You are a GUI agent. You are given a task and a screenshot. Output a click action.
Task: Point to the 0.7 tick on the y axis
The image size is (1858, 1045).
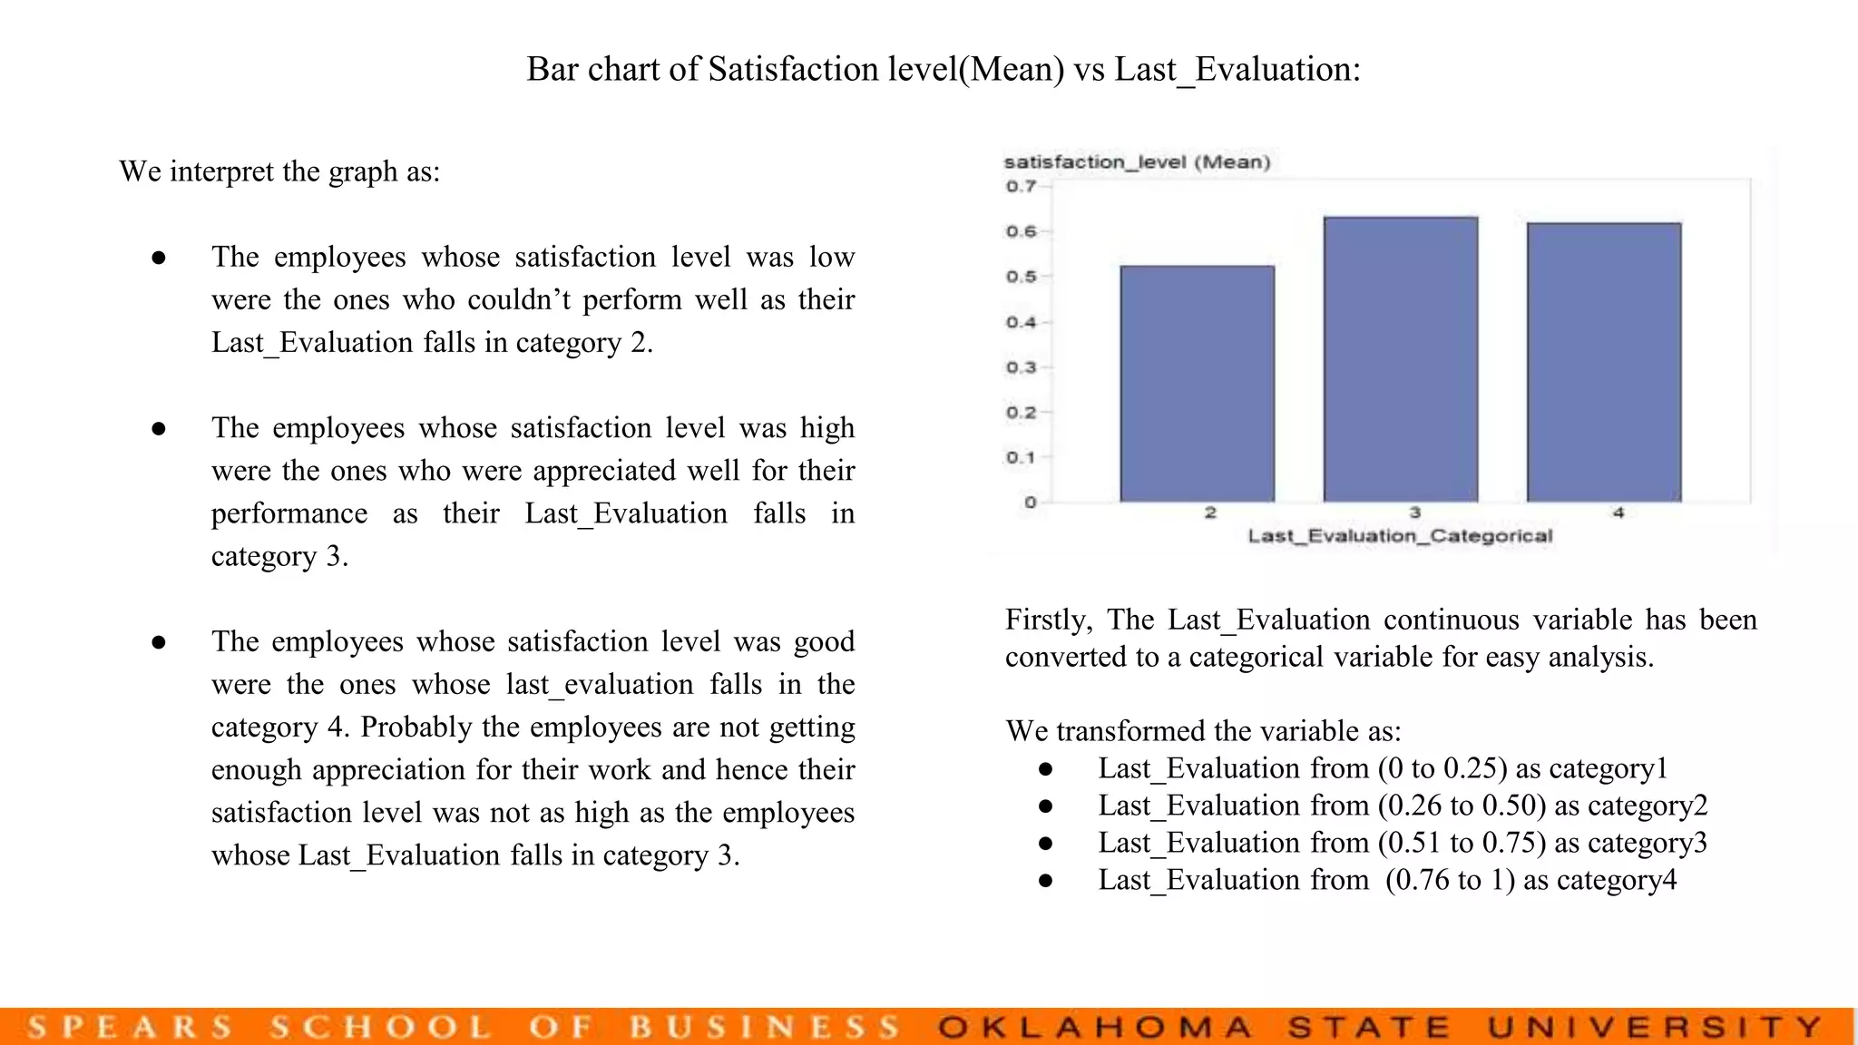click(x=1021, y=187)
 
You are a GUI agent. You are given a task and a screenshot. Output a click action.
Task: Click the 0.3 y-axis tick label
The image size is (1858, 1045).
click(x=1021, y=367)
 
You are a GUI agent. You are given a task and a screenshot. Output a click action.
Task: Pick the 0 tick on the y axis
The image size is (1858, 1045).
click(x=1030, y=503)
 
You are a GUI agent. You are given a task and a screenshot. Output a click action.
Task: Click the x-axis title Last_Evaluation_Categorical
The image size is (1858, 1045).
click(x=1400, y=536)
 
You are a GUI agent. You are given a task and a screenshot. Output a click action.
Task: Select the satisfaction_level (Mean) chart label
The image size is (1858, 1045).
click(x=1137, y=162)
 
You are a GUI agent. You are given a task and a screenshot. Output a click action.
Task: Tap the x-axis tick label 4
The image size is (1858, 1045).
click(x=1618, y=513)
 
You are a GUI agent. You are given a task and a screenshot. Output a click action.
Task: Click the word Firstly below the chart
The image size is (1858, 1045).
click(x=1048, y=620)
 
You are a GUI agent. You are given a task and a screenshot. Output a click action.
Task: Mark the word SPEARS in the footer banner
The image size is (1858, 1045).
click(x=130, y=1028)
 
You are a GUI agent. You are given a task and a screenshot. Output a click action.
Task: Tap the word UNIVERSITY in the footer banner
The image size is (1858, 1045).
click(x=1655, y=1028)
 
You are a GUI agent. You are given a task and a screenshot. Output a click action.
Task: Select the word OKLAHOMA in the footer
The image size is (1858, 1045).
click(x=1095, y=1028)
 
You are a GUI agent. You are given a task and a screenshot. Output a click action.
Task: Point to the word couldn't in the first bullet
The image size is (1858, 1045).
click(x=519, y=300)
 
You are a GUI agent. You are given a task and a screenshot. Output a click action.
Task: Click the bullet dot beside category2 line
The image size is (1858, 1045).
click(x=1045, y=806)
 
